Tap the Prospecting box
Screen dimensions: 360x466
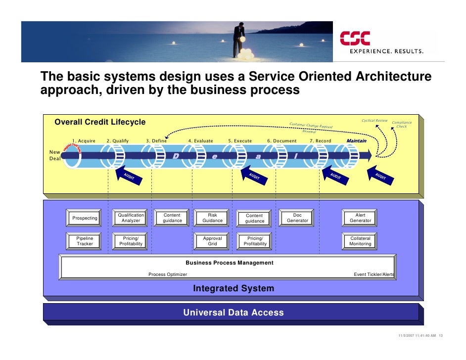[x=85, y=218]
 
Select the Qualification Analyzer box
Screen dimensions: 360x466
[x=131, y=218]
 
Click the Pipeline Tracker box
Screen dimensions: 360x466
[x=85, y=241]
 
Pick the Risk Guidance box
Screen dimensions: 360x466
[x=212, y=218]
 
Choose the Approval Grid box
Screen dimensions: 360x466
[x=212, y=241]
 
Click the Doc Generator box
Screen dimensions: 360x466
[x=297, y=218]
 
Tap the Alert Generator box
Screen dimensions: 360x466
[x=360, y=218]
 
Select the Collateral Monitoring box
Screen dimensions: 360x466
[x=360, y=241]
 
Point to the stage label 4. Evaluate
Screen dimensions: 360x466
[x=200, y=141]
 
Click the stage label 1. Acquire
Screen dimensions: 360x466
[x=84, y=141]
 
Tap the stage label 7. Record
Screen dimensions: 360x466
[x=320, y=141]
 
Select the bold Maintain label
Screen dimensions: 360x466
[x=356, y=141]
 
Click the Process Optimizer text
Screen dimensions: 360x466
[x=168, y=274]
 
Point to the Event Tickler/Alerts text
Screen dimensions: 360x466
[x=374, y=274]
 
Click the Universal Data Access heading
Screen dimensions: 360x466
[x=233, y=313]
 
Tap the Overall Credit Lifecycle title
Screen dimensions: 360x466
[x=100, y=122]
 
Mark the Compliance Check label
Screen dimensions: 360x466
[x=401, y=125]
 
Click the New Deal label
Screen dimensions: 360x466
[x=54, y=155]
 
